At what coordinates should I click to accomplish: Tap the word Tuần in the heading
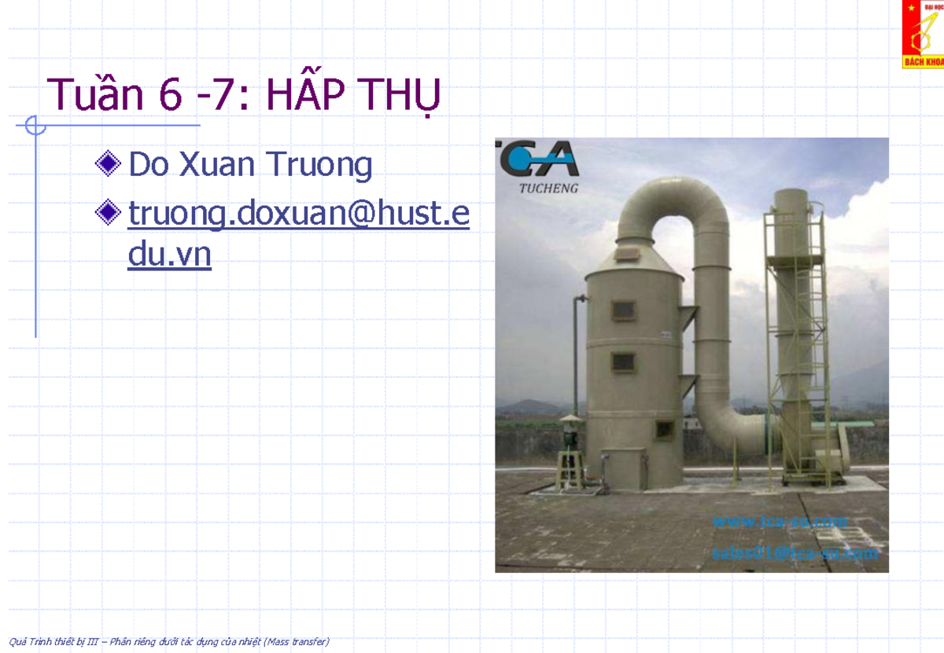point(95,96)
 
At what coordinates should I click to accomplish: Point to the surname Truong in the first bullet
point(319,166)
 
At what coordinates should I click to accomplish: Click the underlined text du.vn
point(169,256)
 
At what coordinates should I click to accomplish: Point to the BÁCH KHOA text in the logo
point(924,61)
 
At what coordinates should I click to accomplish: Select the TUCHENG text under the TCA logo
point(548,189)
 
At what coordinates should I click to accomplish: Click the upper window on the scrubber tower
point(623,310)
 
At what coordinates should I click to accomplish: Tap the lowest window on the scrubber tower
point(665,430)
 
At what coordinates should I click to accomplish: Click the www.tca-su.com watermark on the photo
point(779,522)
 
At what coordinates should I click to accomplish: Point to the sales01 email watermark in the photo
point(795,553)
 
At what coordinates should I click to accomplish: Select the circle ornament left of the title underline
point(35,125)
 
